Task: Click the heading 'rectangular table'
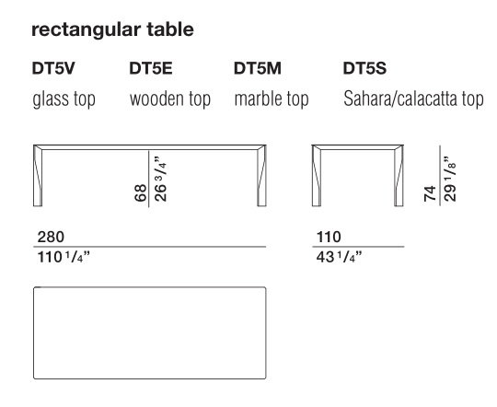point(112,30)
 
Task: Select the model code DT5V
point(53,68)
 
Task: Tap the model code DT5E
point(151,68)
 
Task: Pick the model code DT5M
point(258,68)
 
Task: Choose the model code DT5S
point(364,68)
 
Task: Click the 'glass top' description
point(64,99)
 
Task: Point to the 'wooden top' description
point(170,99)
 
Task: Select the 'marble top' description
point(272,99)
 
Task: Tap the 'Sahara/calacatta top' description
point(413,99)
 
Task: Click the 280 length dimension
point(51,237)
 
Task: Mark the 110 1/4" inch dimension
point(64,257)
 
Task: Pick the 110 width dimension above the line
point(329,237)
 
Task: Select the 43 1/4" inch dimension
point(339,257)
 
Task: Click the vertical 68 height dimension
point(141,192)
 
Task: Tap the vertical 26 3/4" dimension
point(160,179)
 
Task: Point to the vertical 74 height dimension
point(430,193)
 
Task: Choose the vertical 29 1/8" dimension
point(450,179)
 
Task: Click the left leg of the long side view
point(38,176)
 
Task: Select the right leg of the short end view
point(399,176)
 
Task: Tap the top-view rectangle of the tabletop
point(150,287)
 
